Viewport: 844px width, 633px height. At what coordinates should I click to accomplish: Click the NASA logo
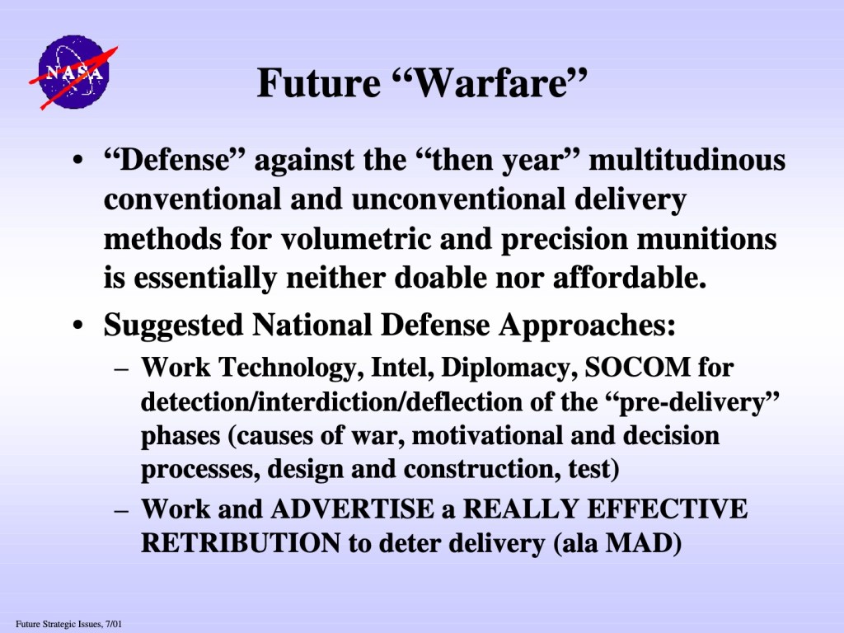(73, 73)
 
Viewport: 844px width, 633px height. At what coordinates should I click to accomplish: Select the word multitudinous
(687, 160)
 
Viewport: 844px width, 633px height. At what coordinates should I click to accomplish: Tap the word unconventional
(458, 199)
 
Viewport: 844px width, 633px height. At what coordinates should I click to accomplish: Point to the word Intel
(403, 367)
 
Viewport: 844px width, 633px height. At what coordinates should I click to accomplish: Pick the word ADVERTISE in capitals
(352, 509)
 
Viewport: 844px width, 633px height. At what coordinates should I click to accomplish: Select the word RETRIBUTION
(240, 543)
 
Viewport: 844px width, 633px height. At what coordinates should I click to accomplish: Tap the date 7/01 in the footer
(114, 625)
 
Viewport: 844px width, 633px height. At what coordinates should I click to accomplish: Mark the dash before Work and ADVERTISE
(122, 509)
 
